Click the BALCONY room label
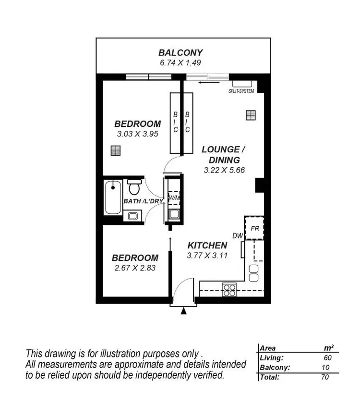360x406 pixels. coord(180,53)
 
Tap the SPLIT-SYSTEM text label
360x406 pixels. coord(241,91)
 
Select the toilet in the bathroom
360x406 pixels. coord(133,185)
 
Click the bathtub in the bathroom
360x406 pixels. coord(113,197)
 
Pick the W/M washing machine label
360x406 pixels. coord(173,197)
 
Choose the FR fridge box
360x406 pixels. coord(254,228)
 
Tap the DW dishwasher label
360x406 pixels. coord(238,235)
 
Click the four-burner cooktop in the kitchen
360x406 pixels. coord(229,289)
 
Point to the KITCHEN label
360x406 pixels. coord(207,246)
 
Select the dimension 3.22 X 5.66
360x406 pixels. coord(224,170)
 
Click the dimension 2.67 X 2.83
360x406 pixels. coord(135,268)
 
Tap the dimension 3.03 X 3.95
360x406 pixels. coord(137,134)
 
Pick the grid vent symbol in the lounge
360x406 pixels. coord(250,115)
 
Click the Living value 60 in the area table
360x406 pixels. coord(328,358)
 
